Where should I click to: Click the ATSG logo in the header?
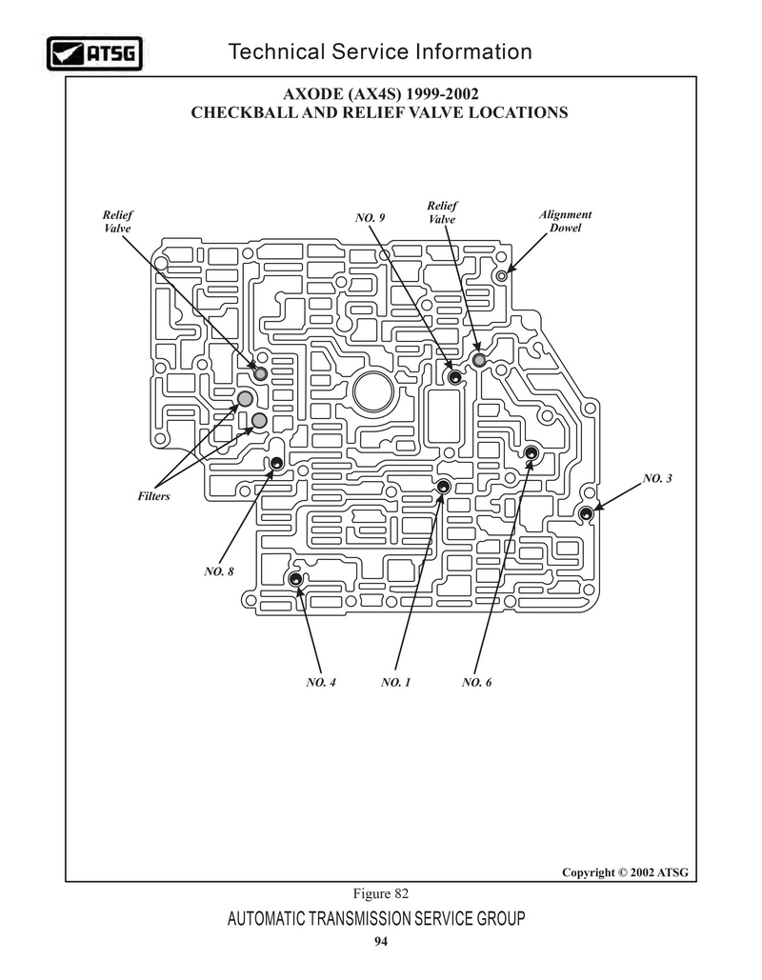pyautogui.click(x=94, y=53)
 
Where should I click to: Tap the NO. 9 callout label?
pyautogui.click(x=371, y=217)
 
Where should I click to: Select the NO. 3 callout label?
pyautogui.click(x=657, y=479)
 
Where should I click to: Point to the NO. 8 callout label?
pyautogui.click(x=219, y=571)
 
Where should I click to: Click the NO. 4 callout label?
pyautogui.click(x=321, y=682)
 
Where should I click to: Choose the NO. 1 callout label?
pyautogui.click(x=395, y=682)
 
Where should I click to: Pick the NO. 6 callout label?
pyautogui.click(x=477, y=682)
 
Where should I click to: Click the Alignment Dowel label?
pyautogui.click(x=565, y=221)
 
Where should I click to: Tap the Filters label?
pyautogui.click(x=153, y=496)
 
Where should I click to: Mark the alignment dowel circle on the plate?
pyautogui.click(x=501, y=275)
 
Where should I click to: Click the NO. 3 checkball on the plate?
pyautogui.click(x=586, y=513)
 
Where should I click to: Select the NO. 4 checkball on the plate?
pyautogui.click(x=295, y=579)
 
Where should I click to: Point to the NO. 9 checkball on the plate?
pyautogui.click(x=455, y=377)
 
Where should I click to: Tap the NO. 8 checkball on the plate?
pyautogui.click(x=276, y=464)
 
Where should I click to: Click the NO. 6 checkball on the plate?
pyautogui.click(x=531, y=453)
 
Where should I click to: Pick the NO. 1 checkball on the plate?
pyautogui.click(x=443, y=487)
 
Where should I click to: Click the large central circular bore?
pyautogui.click(x=373, y=391)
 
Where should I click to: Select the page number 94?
pyautogui.click(x=381, y=942)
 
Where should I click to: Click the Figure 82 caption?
pyautogui.click(x=381, y=893)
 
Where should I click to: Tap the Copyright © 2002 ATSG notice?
pyautogui.click(x=625, y=872)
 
